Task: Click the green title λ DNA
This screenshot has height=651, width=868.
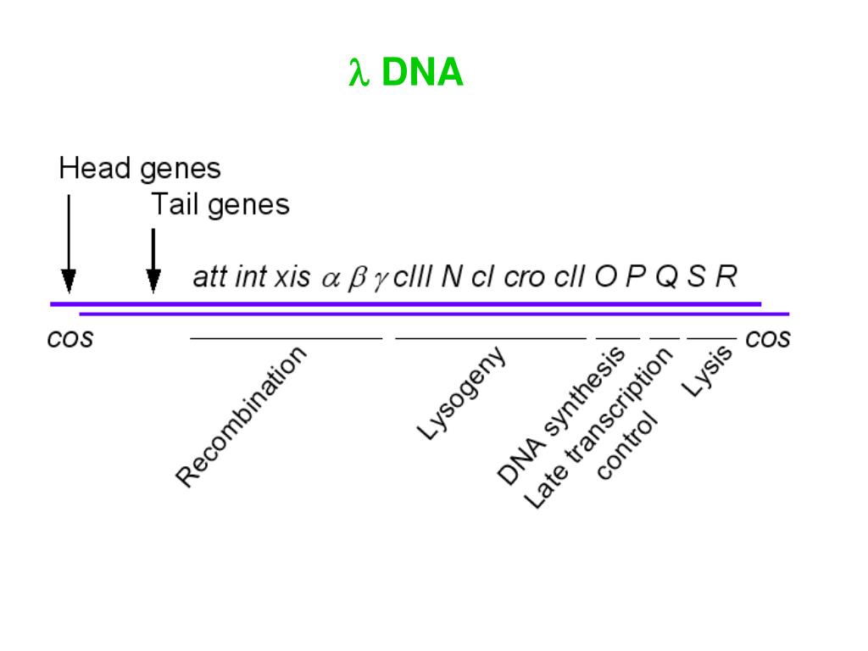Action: [x=406, y=74]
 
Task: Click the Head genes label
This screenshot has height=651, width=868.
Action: [x=139, y=169]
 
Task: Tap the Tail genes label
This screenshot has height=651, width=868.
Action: [x=220, y=204]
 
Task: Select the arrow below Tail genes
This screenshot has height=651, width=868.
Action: [x=153, y=259]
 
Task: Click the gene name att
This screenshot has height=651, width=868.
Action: [x=209, y=277]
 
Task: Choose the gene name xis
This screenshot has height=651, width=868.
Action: [x=292, y=277]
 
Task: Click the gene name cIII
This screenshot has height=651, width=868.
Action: [x=414, y=277]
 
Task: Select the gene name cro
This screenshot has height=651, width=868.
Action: [x=524, y=278]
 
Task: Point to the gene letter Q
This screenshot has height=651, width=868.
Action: [x=666, y=277]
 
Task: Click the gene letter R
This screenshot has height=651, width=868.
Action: [x=726, y=277]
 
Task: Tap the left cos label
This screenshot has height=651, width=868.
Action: [x=70, y=339]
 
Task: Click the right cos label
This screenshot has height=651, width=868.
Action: [x=768, y=339]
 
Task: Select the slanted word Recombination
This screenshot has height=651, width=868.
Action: [x=242, y=417]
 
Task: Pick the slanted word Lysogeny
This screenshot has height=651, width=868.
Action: [x=462, y=393]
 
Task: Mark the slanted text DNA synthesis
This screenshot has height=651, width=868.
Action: [x=560, y=415]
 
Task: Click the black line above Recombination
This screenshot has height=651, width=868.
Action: [x=287, y=338]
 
